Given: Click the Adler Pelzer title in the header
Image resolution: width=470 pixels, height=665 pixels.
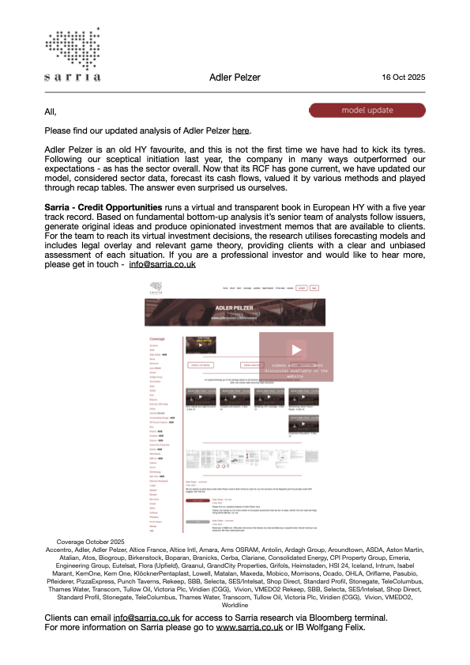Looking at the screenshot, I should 235,77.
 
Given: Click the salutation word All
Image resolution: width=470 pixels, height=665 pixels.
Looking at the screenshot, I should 51,111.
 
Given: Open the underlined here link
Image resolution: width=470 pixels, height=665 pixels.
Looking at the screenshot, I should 241,130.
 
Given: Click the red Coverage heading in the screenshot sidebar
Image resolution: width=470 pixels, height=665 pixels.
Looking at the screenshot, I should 158,339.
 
